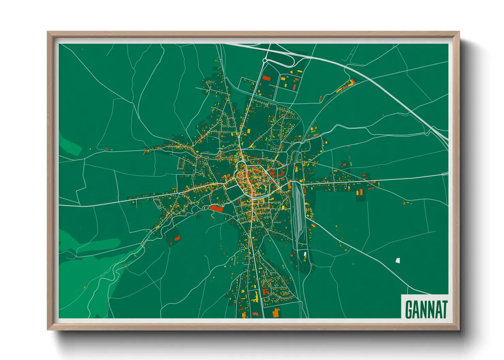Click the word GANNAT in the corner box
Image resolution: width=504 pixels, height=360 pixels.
pos(426,309)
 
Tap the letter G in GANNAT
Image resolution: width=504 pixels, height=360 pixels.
pos(408,309)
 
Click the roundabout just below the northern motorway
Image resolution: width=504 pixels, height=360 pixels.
pos(265,61)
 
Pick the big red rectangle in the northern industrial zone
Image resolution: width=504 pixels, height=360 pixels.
pos(266,78)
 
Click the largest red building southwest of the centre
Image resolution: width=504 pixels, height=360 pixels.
pos(216,208)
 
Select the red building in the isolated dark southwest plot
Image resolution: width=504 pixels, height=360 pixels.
pos(177,238)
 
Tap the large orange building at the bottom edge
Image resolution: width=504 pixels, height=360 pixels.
pos(276,312)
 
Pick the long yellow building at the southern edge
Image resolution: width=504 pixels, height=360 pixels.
pos(255,297)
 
